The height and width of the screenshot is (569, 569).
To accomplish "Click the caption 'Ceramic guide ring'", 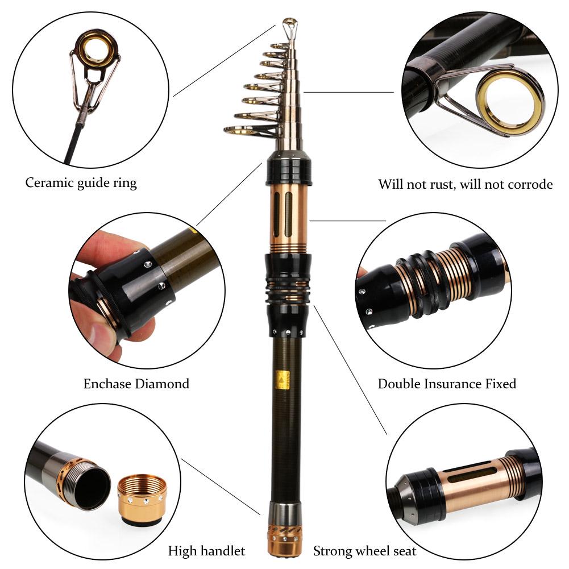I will click(81, 183).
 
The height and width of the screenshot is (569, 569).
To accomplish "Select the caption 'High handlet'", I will click(206, 551).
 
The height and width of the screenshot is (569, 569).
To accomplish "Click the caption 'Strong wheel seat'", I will click(364, 551).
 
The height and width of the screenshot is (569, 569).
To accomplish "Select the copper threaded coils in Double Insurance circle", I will click(449, 276).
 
